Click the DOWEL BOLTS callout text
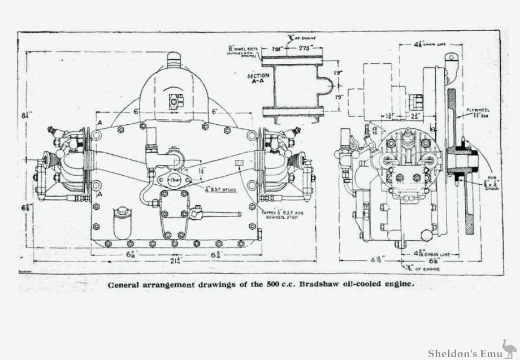coord(243,51)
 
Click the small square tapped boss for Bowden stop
coord(239,163)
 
